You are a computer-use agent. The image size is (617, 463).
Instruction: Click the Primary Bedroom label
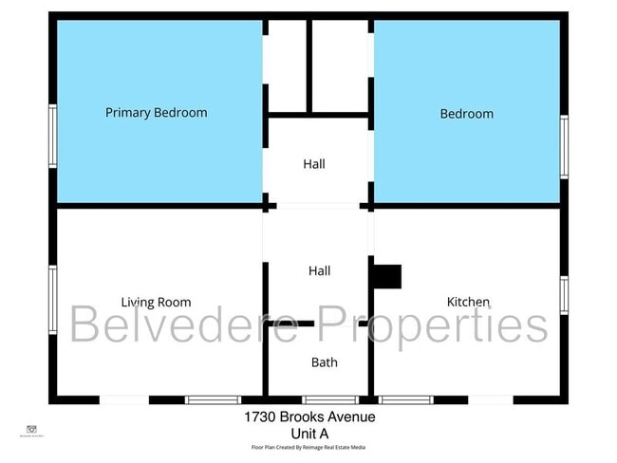click(x=156, y=113)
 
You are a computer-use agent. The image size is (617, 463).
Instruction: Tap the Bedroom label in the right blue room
click(x=466, y=114)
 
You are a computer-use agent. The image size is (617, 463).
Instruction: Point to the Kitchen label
click(x=468, y=303)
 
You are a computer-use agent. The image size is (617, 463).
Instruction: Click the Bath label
click(x=324, y=362)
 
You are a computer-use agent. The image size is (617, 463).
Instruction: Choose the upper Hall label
click(x=314, y=164)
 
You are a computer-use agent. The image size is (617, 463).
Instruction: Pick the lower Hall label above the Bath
click(x=319, y=271)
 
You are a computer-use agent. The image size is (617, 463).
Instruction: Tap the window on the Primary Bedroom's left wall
click(x=53, y=137)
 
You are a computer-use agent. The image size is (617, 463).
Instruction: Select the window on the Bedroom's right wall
click(x=564, y=146)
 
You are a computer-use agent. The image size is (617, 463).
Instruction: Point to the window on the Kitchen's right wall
click(x=564, y=295)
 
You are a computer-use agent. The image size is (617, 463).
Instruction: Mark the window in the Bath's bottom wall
click(x=329, y=400)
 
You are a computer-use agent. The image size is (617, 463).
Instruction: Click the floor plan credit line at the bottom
click(x=308, y=447)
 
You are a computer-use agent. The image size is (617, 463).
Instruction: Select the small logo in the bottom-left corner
click(x=31, y=430)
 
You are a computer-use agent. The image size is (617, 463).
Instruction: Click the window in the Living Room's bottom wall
click(x=213, y=400)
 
